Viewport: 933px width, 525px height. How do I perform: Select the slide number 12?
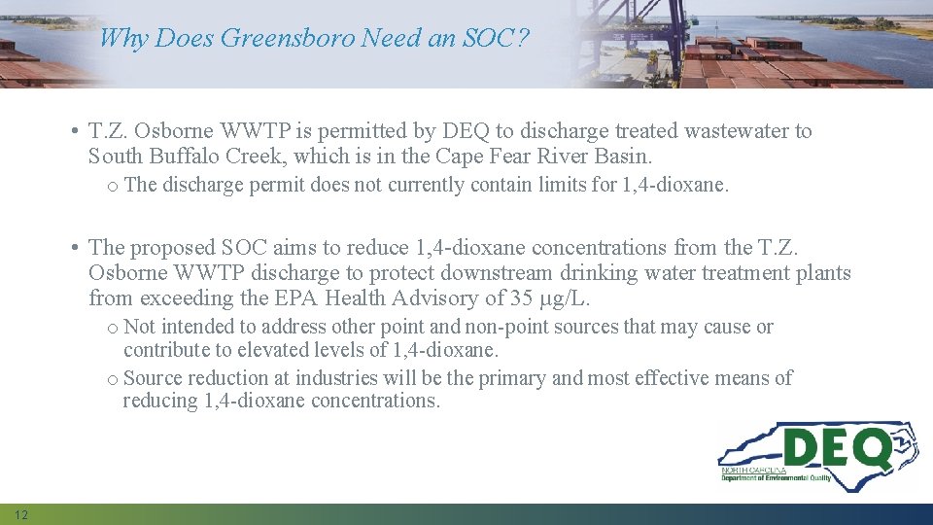coord(21,514)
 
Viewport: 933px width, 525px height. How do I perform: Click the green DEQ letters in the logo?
coord(837,450)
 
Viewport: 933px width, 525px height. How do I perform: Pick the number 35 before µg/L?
coord(522,298)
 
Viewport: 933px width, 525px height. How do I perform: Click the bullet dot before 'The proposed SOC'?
coord(75,249)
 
